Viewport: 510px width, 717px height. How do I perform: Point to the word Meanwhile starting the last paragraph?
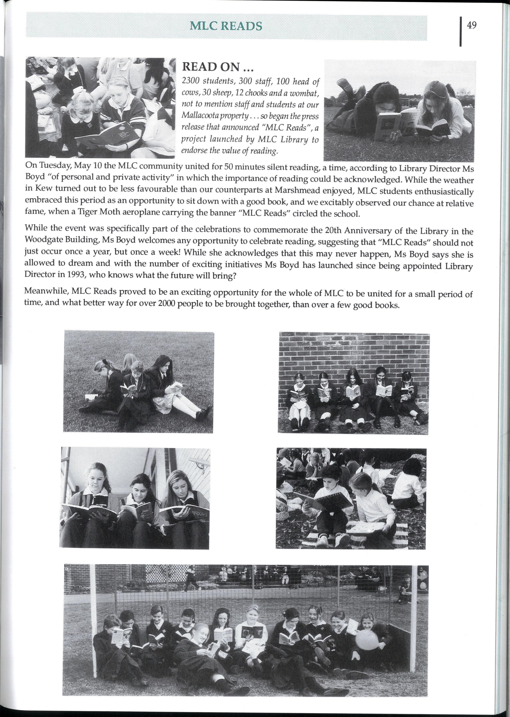click(x=46, y=291)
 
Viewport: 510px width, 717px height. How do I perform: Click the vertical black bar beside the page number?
click(x=460, y=31)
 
